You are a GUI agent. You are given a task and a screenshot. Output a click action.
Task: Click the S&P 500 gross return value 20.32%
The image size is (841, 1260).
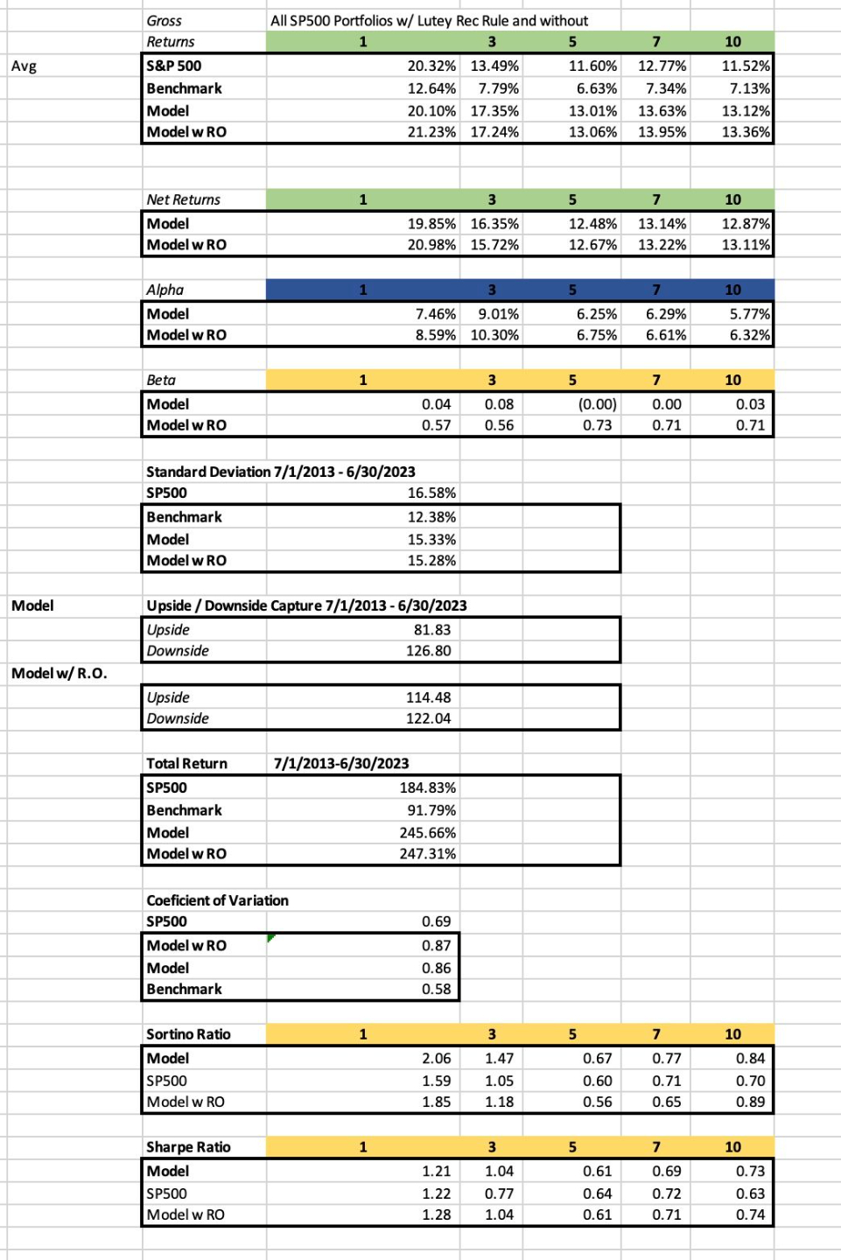click(x=431, y=66)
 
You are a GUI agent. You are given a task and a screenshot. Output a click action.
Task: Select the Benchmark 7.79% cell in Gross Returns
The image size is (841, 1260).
click(x=498, y=88)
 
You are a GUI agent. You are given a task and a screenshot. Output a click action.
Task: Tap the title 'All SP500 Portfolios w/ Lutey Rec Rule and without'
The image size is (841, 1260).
click(x=429, y=20)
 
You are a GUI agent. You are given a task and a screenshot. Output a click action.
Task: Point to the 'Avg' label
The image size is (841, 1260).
click(x=24, y=66)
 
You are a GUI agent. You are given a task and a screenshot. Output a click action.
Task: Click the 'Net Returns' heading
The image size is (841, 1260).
click(x=183, y=199)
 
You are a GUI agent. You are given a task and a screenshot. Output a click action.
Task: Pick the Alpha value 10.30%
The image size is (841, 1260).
click(x=494, y=335)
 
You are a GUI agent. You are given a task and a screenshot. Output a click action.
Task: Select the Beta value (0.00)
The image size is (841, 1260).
click(x=597, y=404)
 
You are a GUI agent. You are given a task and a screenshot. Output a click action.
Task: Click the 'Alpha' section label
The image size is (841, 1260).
click(x=165, y=290)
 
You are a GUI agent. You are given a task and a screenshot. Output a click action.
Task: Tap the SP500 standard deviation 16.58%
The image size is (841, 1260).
click(x=431, y=493)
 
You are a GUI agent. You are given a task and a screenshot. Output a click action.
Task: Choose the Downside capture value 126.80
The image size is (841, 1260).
click(x=428, y=651)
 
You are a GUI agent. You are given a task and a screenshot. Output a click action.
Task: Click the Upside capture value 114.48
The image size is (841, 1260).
click(x=428, y=697)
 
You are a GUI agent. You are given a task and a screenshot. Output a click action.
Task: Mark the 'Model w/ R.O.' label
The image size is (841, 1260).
click(x=59, y=673)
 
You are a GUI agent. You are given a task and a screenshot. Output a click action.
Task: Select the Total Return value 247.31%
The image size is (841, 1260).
click(x=427, y=854)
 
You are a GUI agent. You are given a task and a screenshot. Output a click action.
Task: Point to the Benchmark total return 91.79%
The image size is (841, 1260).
click(x=431, y=810)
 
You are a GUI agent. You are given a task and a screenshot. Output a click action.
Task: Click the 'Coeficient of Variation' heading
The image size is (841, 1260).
click(x=217, y=900)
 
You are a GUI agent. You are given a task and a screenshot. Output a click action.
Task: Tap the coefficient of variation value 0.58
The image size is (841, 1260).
click(x=436, y=989)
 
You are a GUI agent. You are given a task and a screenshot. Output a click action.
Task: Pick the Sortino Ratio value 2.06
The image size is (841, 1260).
click(x=436, y=1058)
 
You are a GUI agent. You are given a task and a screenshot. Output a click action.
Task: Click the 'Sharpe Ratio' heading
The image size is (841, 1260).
click(x=188, y=1147)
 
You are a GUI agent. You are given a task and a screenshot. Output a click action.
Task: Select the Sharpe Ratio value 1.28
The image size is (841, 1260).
click(x=436, y=1214)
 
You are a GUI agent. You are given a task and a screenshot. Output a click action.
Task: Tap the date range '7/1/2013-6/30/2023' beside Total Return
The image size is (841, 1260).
click(x=341, y=763)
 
